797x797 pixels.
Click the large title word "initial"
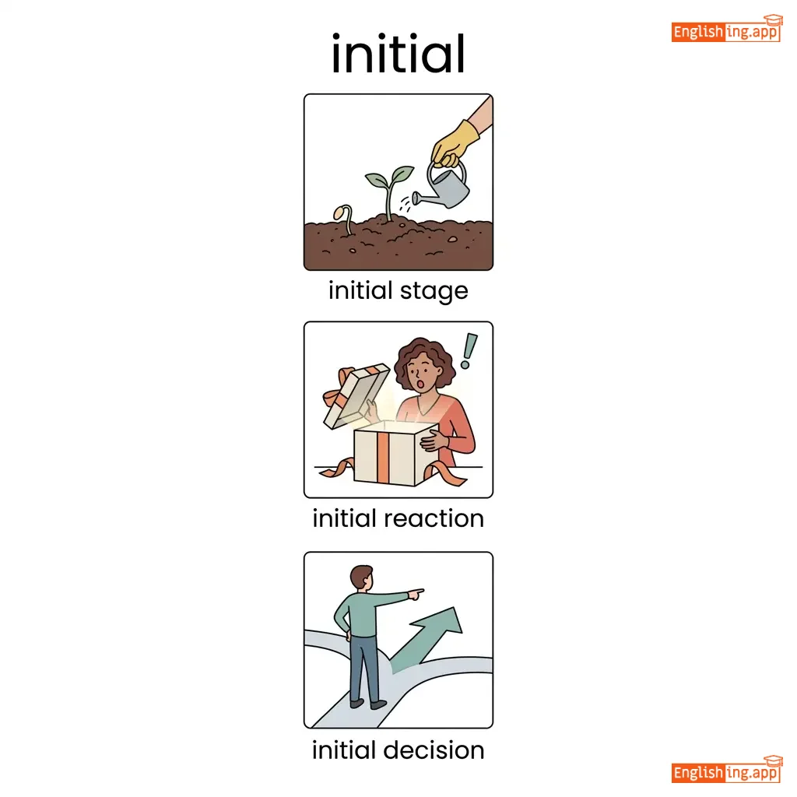398,54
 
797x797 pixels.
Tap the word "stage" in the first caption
434,292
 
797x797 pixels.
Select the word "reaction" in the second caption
434,519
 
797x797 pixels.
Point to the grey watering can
442,187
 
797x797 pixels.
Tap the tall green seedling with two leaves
389,191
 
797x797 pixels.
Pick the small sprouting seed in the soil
343,218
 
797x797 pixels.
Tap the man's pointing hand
416,593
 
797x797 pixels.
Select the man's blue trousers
363,667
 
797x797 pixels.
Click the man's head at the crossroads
361,578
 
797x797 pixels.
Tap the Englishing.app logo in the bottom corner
726,770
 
